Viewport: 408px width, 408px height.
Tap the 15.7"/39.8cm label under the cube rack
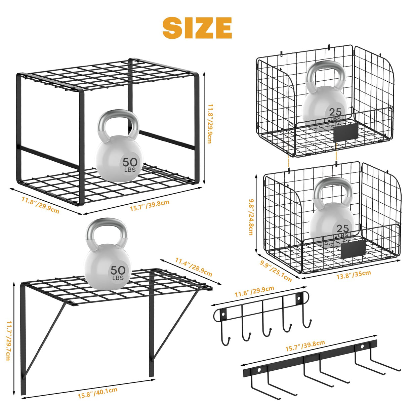point(150,205)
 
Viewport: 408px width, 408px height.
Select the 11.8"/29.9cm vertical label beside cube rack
point(209,124)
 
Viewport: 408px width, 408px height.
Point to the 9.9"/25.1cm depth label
point(276,271)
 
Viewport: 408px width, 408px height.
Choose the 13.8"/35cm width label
point(354,275)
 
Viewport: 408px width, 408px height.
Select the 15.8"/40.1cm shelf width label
point(98,393)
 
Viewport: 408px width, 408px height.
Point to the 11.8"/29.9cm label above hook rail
point(254,291)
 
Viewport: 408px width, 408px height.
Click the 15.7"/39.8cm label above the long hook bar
point(305,345)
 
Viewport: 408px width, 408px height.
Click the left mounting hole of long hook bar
point(259,370)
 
